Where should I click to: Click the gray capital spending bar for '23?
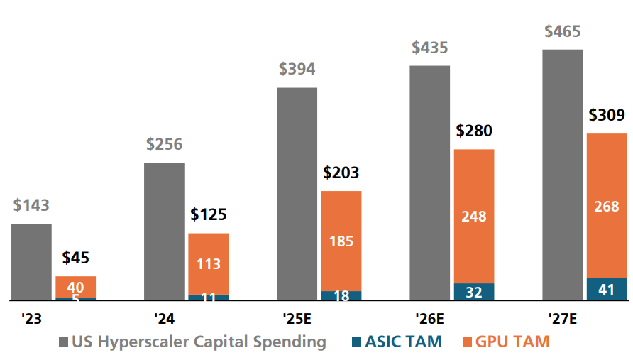[31, 261]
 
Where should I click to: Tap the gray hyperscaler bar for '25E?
[297, 193]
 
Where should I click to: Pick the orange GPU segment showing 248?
[473, 216]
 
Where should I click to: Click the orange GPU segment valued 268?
[606, 206]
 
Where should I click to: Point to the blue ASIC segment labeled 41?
[606, 289]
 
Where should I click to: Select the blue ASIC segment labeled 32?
[473, 292]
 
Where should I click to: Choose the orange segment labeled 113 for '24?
[208, 263]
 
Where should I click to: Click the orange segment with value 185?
[341, 241]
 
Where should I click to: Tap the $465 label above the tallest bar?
[562, 32]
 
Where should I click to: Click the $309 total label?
[606, 116]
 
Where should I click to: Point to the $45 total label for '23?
[76, 258]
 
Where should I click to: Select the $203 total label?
[341, 173]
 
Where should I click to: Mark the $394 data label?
[297, 70]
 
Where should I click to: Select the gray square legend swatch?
[64, 342]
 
